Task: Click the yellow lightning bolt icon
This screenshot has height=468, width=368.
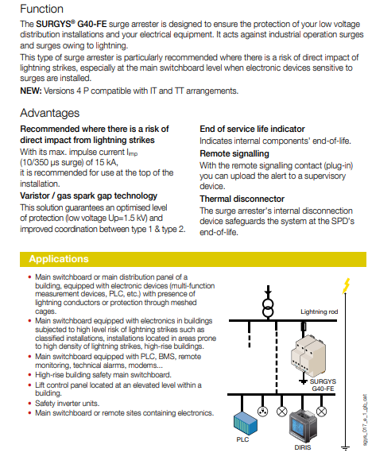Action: (x=346, y=285)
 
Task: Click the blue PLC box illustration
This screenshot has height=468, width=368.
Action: (x=245, y=424)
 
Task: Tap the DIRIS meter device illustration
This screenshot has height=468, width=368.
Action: (x=303, y=426)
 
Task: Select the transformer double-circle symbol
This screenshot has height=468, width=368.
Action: (x=268, y=308)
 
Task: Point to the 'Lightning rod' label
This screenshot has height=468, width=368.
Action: (x=319, y=311)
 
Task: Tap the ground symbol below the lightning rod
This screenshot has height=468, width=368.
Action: (x=345, y=447)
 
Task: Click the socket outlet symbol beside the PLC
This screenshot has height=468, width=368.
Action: (x=262, y=412)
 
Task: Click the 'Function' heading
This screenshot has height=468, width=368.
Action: (x=41, y=9)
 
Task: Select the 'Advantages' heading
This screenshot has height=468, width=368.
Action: (x=49, y=113)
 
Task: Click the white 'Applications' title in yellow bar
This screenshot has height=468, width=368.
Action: (x=59, y=259)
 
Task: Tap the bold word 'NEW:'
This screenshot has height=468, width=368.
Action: (x=31, y=91)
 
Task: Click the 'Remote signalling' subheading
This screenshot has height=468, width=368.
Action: (x=234, y=153)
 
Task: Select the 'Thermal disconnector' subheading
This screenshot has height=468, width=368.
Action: (x=242, y=199)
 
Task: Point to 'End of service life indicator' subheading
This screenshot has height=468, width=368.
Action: (x=252, y=129)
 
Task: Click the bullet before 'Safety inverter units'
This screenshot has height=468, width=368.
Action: (x=29, y=404)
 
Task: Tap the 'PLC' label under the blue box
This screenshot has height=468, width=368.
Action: (x=242, y=439)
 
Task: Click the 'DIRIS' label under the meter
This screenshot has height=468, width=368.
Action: (x=303, y=447)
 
